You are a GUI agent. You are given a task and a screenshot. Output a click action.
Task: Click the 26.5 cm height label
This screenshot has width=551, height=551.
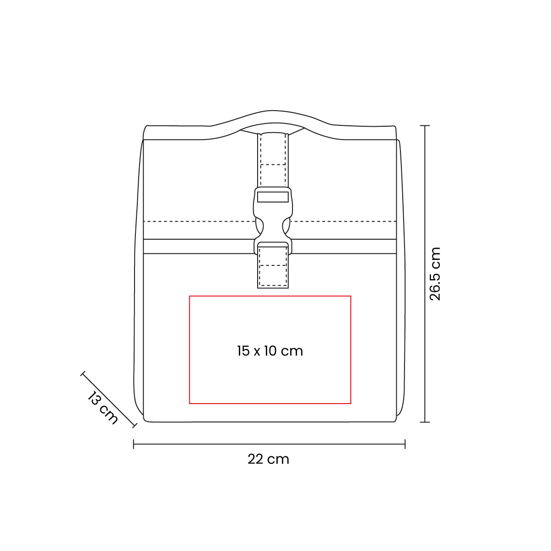tap(435, 274)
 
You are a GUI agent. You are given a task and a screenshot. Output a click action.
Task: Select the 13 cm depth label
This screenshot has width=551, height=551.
tap(102, 408)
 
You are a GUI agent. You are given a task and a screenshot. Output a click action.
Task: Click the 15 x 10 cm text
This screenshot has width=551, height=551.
tap(270, 351)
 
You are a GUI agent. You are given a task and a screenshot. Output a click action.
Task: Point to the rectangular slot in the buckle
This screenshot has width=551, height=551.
tap(273, 197)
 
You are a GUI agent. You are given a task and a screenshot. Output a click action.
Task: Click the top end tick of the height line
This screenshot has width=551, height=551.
tap(425, 125)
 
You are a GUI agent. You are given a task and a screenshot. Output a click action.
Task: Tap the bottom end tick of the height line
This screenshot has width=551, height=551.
tap(425, 422)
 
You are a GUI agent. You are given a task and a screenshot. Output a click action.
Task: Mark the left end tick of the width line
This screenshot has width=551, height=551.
tap(134, 444)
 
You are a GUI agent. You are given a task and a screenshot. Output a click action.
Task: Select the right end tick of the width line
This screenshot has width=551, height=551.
tap(405, 444)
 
